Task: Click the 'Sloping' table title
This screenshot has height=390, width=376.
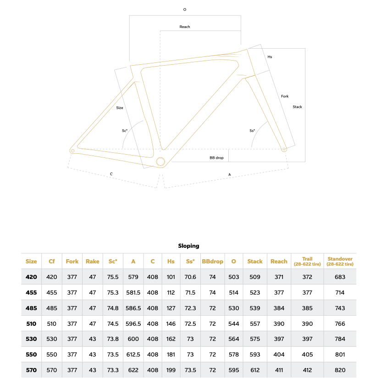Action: point(188,246)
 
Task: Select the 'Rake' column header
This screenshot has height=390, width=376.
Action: point(93,262)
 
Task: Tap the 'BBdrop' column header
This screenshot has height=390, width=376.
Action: point(212,262)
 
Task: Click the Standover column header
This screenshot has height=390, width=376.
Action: point(340,262)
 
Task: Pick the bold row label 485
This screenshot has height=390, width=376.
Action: point(31,308)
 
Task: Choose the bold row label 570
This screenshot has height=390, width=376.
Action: point(31,370)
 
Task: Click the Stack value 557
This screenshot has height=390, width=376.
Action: point(255,323)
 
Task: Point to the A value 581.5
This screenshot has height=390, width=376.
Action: point(133,293)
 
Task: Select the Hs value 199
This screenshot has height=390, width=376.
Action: point(171,370)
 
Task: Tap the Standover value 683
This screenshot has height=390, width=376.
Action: point(340,277)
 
